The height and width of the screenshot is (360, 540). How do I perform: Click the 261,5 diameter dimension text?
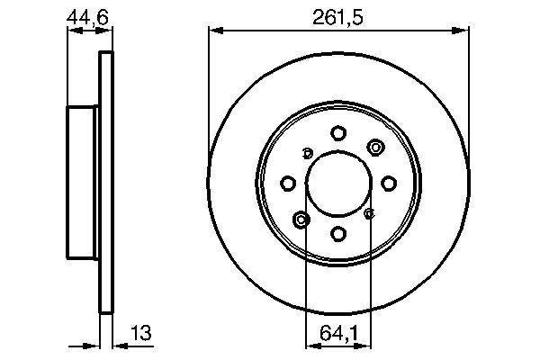[x=338, y=17]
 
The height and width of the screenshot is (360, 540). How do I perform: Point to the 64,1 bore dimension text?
[x=338, y=333]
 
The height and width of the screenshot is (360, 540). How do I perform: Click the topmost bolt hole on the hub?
[x=338, y=133]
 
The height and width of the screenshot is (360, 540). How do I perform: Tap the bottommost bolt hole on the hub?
[x=338, y=234]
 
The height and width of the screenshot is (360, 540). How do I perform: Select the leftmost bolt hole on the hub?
[x=288, y=184]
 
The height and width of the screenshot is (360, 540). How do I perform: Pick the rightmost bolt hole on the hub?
[x=389, y=184]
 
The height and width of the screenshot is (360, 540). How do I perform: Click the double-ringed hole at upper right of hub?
[x=374, y=148]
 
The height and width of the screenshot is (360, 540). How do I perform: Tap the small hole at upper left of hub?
[x=307, y=152]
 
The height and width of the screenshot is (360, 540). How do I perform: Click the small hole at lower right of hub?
[x=370, y=214]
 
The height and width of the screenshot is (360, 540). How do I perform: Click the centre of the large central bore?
[x=338, y=184]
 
